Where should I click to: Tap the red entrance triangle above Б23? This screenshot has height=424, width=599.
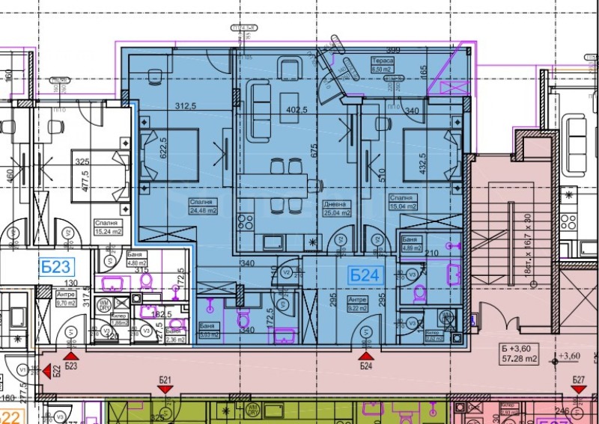coord(72,357)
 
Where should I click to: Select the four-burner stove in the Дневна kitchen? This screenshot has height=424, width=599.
coord(246,221)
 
